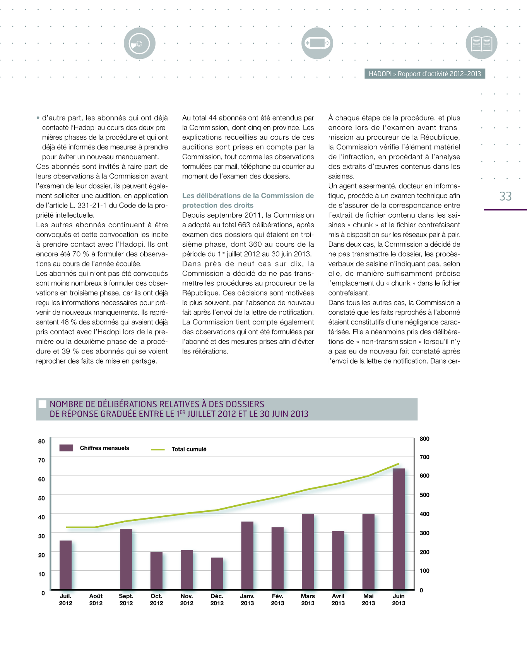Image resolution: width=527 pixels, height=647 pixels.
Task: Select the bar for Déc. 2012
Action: coord(217,573)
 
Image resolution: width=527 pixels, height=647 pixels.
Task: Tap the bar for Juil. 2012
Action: coord(66,565)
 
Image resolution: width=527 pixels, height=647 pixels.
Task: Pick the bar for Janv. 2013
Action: coord(247,556)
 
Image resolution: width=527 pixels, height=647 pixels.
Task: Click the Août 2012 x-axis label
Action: coord(96,599)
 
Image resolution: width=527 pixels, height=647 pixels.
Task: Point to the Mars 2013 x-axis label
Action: coord(308,599)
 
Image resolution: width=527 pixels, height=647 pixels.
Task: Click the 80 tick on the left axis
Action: coord(41,441)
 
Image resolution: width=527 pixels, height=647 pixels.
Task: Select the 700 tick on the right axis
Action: coord(424,457)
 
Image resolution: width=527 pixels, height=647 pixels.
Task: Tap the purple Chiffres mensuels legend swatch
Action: coord(66,448)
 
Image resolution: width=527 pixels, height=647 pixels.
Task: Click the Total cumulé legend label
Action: coord(189,449)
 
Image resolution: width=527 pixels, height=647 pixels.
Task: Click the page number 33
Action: coord(505,196)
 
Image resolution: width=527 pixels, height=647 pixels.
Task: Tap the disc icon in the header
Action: coord(140,43)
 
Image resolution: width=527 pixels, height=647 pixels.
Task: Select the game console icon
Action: coord(317,43)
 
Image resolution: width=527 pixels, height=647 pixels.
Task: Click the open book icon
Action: coord(481,43)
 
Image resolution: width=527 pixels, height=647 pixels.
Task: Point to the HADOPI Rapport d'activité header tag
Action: coord(424,74)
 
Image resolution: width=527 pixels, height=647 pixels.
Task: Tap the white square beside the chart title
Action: coord(43,404)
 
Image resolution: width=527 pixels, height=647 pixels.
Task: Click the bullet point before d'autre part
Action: coord(38,118)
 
